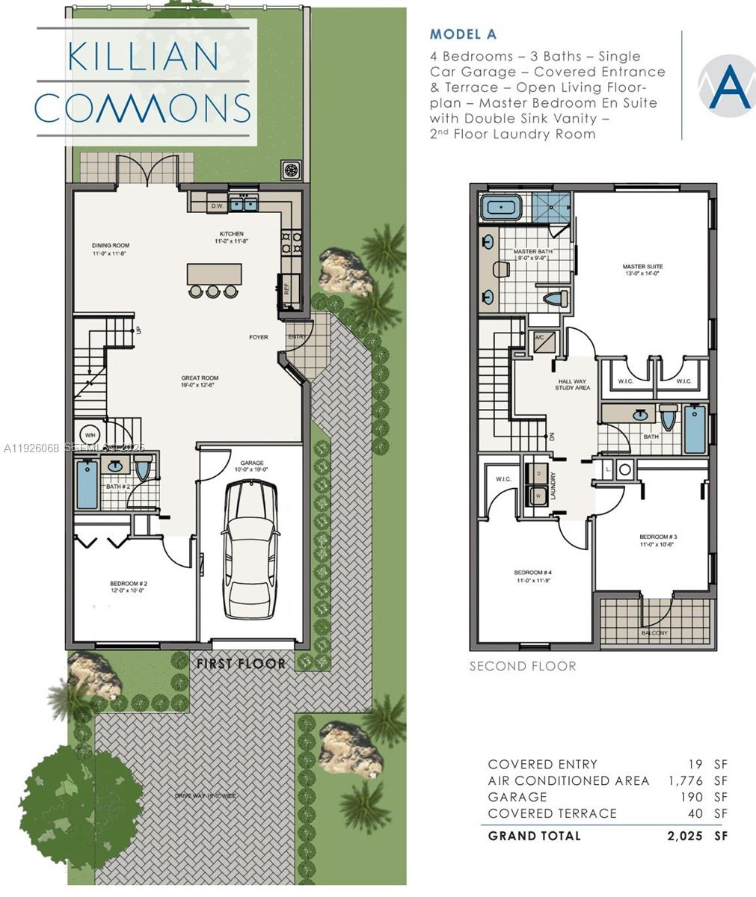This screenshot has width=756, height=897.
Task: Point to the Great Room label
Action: pos(200,382)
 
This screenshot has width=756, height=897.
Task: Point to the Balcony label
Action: pos(654,632)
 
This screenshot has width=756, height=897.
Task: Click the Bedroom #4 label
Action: pos(533,576)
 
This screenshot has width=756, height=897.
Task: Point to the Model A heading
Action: pos(463,34)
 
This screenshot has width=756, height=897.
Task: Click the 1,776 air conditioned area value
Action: pos(686,781)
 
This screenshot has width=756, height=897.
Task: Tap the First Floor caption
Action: pos(241,663)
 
